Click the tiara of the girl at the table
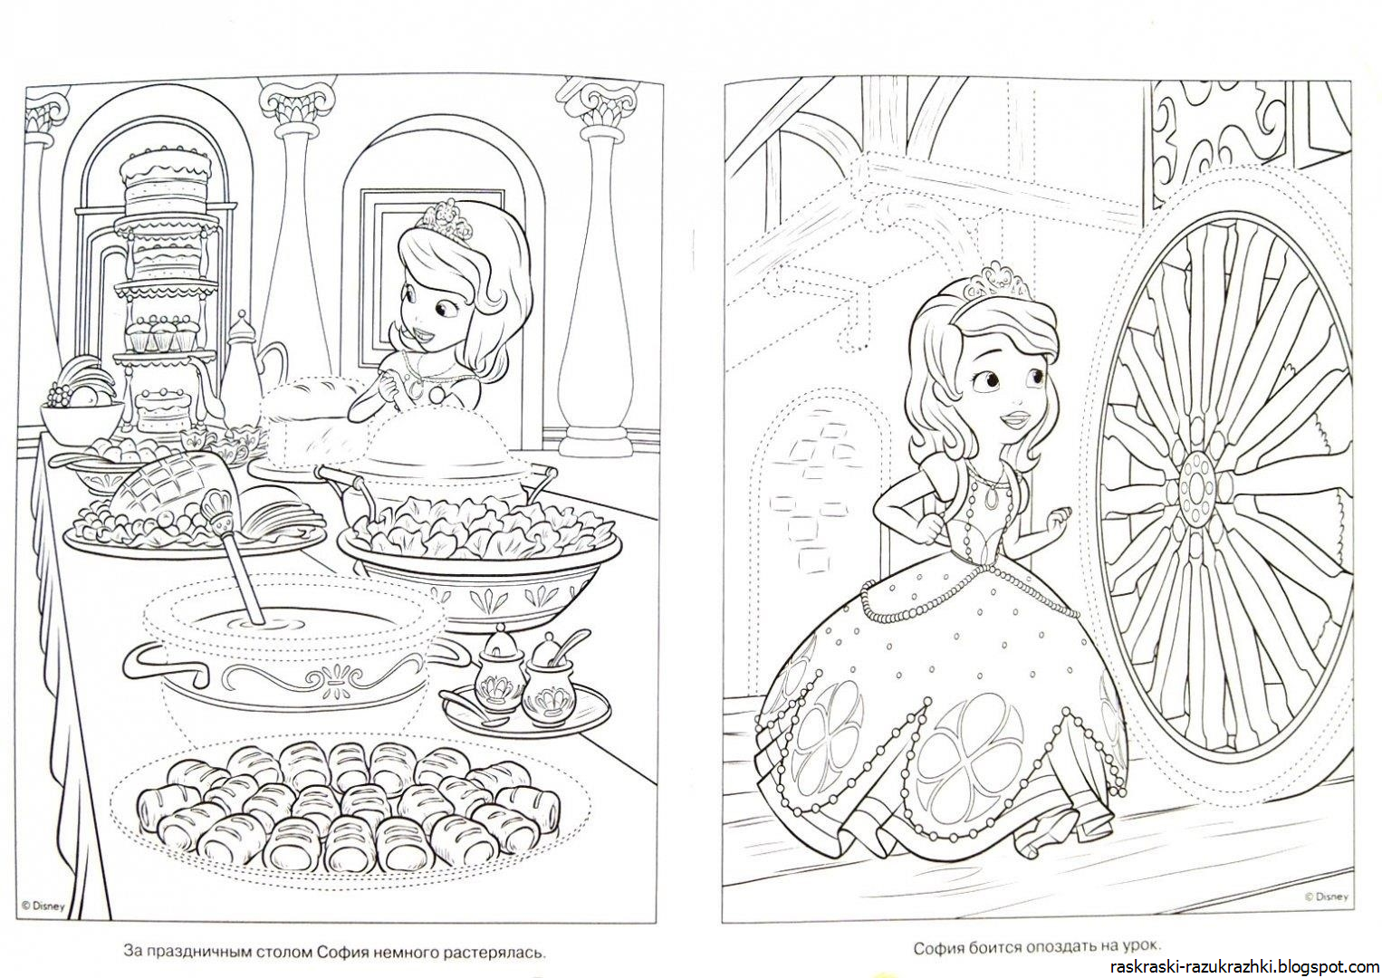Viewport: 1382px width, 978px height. click(x=443, y=222)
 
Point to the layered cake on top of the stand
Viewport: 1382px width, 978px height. click(x=167, y=176)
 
